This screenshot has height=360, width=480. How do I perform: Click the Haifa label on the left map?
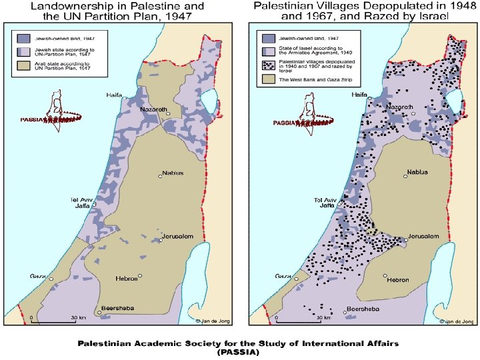pos(115,95)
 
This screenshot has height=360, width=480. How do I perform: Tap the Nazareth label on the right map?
pos(401,107)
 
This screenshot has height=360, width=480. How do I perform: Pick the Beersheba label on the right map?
pos(362,310)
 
